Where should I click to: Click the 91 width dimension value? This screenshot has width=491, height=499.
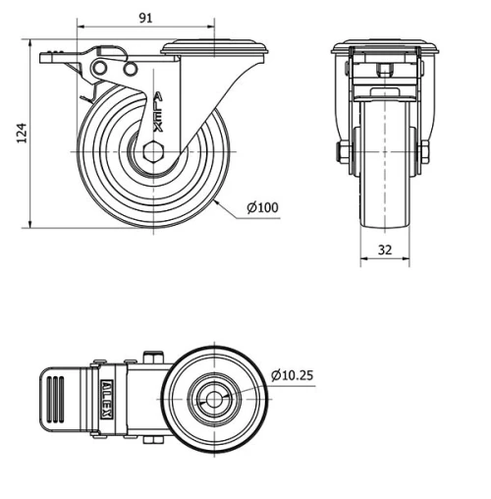(x=144, y=18)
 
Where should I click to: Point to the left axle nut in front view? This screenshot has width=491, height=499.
(x=340, y=152)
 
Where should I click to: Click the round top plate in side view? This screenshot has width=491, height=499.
(x=212, y=46)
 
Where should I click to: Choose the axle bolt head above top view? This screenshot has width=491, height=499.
(x=151, y=357)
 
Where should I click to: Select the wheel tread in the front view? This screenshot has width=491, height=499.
(x=383, y=167)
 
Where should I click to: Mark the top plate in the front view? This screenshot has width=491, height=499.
(x=383, y=48)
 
